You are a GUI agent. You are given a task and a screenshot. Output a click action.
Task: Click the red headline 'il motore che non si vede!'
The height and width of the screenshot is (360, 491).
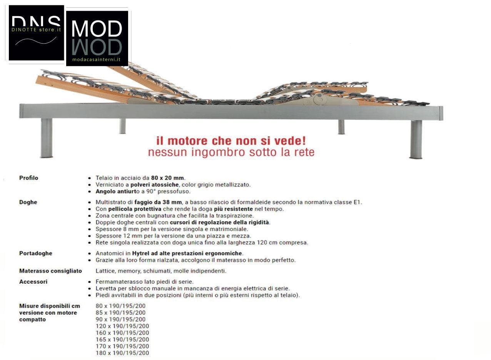[231, 141]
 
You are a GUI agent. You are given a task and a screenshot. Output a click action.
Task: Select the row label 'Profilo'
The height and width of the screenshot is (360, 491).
[28, 178]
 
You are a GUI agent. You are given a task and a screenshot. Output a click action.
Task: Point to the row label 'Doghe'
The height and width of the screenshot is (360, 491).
[28, 202]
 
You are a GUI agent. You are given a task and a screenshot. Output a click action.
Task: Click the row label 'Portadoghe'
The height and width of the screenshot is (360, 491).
[35, 253]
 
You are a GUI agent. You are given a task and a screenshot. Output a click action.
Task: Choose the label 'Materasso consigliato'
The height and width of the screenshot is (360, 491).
[50, 271]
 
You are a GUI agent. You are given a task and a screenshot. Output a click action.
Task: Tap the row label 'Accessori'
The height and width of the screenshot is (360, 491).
[33, 281]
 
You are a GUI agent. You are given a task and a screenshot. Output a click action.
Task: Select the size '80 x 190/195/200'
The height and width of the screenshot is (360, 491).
[120, 306]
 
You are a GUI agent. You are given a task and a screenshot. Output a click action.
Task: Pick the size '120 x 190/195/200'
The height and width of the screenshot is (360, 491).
[122, 326]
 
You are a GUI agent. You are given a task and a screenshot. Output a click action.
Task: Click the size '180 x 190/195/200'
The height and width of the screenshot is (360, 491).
[122, 353]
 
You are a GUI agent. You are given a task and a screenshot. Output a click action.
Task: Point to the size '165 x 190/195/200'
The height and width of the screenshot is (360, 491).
[122, 340]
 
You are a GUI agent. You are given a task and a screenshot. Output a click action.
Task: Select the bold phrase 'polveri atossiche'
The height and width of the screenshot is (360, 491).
[155, 184]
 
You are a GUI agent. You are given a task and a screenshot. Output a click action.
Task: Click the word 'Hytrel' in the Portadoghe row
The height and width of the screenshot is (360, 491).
[141, 253]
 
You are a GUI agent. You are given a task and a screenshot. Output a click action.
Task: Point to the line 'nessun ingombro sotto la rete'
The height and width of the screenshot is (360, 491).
[231, 152]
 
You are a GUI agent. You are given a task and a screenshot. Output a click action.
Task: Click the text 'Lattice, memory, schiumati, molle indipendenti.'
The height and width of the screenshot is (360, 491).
[161, 271]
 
